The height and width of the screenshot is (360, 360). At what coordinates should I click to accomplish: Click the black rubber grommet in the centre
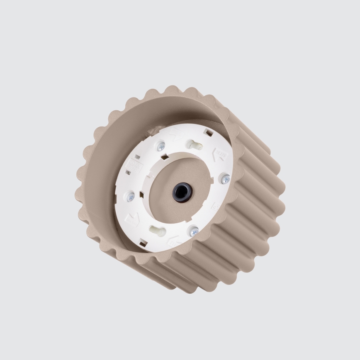pos(182,192)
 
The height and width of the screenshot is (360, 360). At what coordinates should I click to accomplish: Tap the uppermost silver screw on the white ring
pos(161,146)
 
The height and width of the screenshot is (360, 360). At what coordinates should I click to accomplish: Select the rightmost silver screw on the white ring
pos(226,179)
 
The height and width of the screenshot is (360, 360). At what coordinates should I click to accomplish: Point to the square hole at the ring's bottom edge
pos(143,243)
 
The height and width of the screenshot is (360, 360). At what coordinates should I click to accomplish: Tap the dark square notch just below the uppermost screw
pos(165,157)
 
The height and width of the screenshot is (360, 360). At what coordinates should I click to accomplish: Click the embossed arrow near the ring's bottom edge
pos(174,241)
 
